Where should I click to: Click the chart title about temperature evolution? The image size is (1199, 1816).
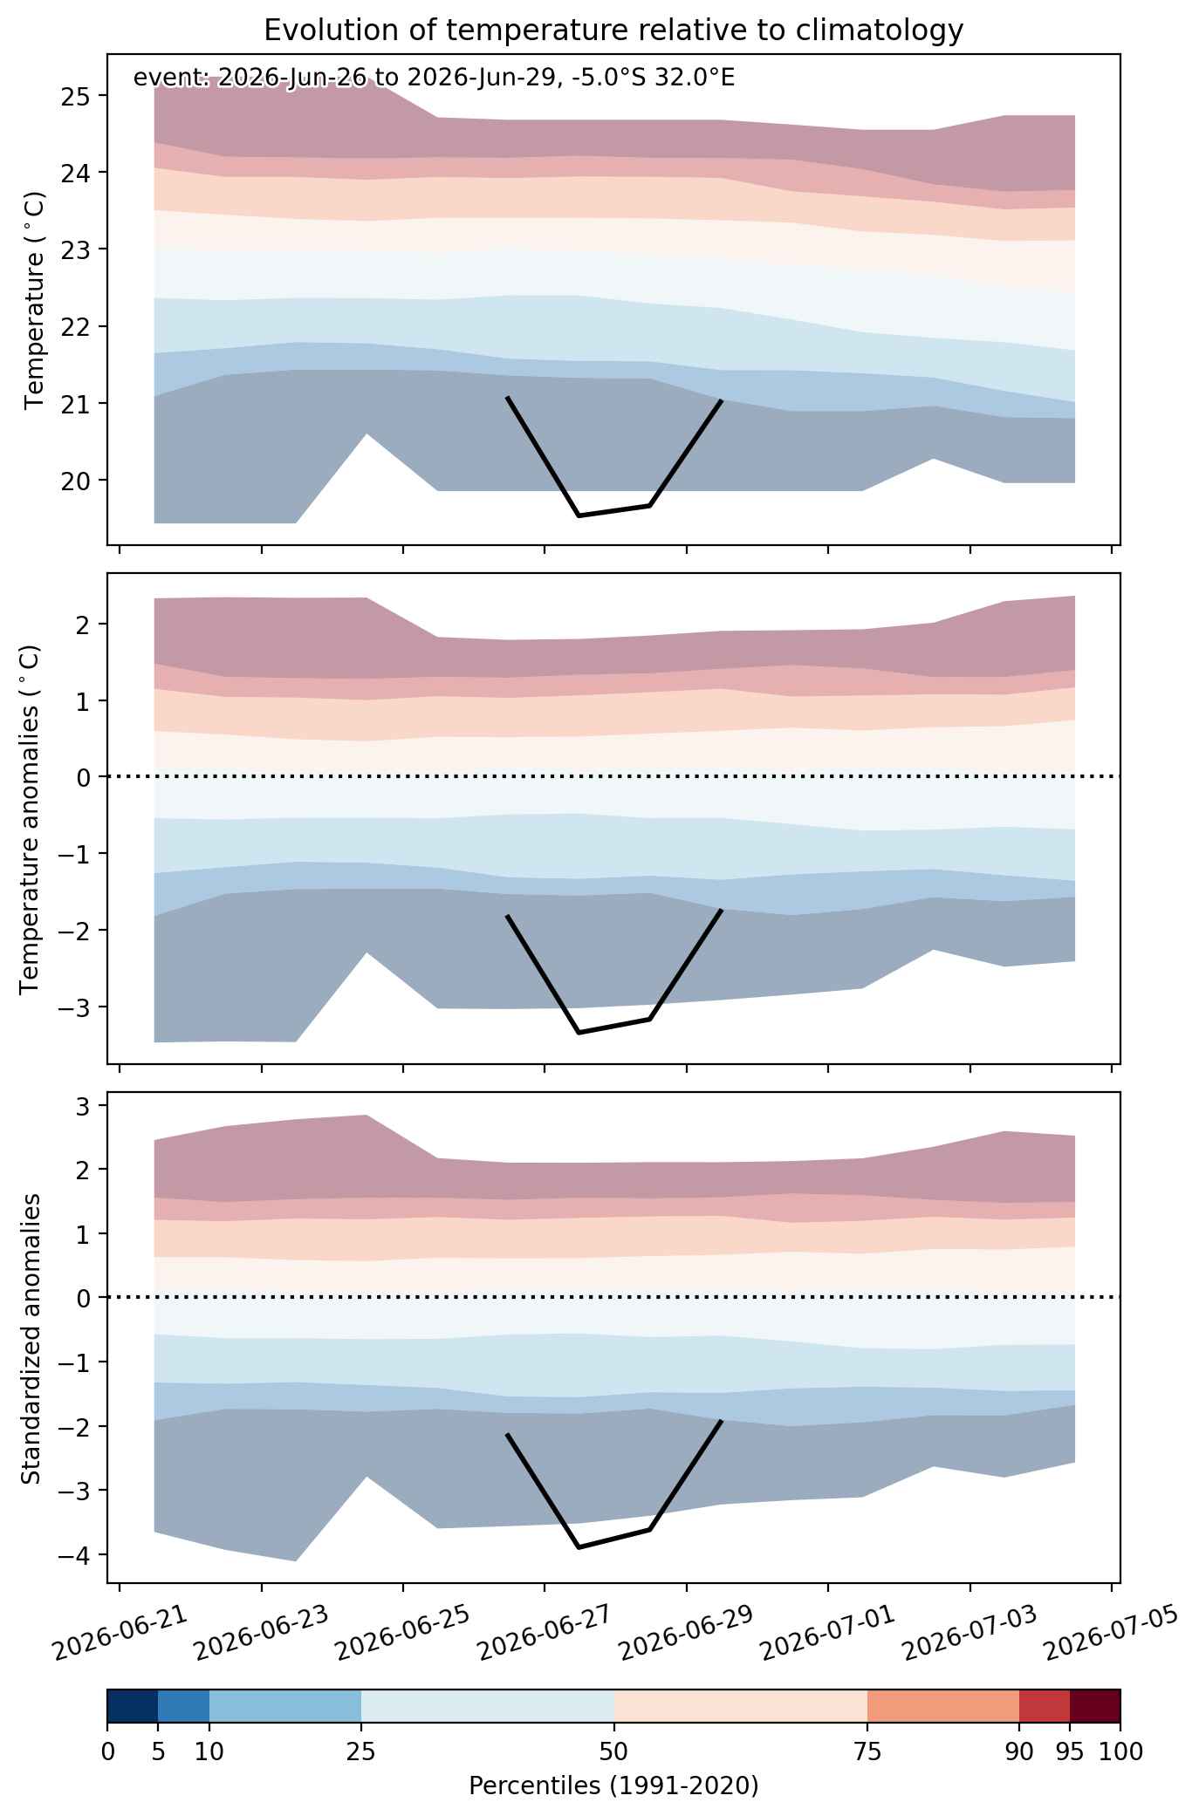(x=613, y=31)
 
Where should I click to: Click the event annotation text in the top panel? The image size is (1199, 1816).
(x=434, y=78)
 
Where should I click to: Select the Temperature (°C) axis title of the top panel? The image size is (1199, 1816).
(x=34, y=299)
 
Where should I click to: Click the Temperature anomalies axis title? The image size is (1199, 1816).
(x=30, y=818)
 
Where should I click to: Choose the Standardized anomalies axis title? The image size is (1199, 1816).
(x=31, y=1338)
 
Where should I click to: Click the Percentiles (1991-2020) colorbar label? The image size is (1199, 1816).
(x=613, y=1785)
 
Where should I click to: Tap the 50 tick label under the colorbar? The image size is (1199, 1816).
(x=613, y=1751)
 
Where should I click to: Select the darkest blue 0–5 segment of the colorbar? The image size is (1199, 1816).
(x=133, y=1705)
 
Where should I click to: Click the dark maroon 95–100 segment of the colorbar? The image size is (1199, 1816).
(x=1095, y=1705)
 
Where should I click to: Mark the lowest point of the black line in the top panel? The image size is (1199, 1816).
(x=578, y=516)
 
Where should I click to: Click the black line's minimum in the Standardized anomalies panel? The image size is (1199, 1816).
(x=578, y=1547)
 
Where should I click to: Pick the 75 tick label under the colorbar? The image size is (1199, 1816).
(x=867, y=1751)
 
